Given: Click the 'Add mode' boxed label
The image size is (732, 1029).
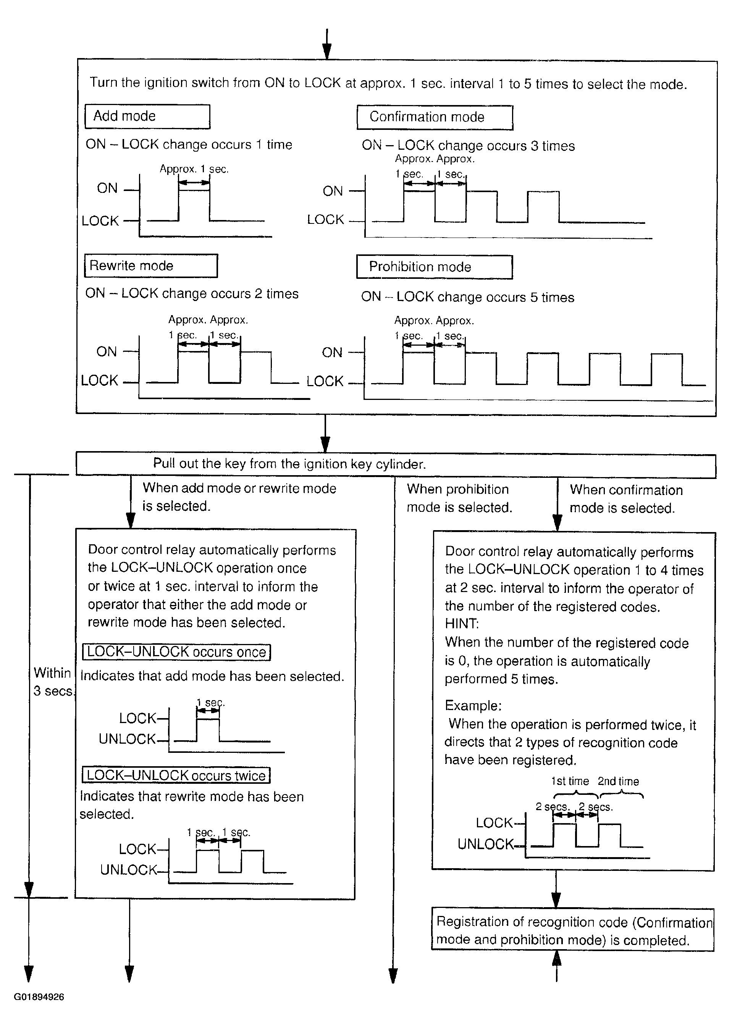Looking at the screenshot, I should [147, 116].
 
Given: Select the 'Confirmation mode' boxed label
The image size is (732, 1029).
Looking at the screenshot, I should [435, 117].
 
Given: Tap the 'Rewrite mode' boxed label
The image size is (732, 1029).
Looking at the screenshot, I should [150, 265].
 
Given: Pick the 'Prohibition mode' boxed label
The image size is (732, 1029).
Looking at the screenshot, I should [434, 267].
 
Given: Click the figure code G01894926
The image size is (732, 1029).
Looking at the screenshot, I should [39, 997].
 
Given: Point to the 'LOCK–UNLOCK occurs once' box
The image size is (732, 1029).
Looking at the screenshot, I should [176, 652].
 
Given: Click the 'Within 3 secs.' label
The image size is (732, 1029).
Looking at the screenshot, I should [53, 682].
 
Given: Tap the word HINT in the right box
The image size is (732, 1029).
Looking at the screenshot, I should [462, 624].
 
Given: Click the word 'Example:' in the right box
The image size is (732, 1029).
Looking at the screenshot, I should [473, 705].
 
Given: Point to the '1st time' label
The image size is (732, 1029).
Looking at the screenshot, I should [570, 781].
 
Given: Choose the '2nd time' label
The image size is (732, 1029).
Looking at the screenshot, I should [619, 781].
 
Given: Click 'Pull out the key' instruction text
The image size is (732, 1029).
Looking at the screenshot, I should [289, 464].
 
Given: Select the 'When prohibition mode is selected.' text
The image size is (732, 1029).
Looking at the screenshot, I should [459, 498].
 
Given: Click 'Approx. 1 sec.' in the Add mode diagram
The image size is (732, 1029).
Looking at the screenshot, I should [194, 169].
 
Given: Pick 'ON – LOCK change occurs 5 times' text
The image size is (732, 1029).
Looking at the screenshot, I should [467, 297].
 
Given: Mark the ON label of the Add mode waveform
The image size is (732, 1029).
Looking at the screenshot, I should [107, 188].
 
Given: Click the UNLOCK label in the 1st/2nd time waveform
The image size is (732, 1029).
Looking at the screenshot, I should [485, 844].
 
